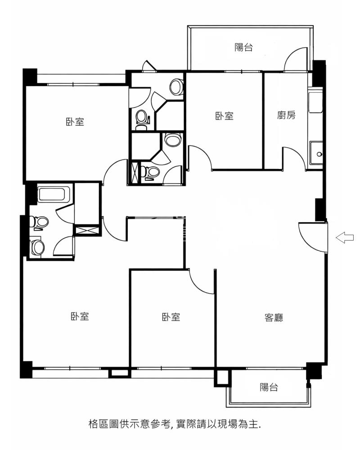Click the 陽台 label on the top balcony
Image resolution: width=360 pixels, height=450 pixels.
pyautogui.click(x=243, y=47)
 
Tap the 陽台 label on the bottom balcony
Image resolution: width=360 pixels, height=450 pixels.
pyautogui.click(x=269, y=387)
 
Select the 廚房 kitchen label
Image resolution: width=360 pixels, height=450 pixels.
pyautogui.click(x=286, y=115)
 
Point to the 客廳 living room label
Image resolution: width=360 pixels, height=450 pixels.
pyautogui.click(x=274, y=318)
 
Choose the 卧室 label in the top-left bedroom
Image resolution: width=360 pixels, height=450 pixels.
pyautogui.click(x=75, y=122)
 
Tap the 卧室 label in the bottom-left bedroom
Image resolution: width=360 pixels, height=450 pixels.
pyautogui.click(x=80, y=317)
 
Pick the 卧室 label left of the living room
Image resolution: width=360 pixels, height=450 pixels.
pyautogui.click(x=171, y=317)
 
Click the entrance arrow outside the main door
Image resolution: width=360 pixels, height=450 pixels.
pyautogui.click(x=345, y=237)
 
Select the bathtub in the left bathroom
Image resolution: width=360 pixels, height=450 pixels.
pyautogui.click(x=53, y=195)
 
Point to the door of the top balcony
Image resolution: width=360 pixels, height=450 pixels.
pyautogui.click(x=296, y=59)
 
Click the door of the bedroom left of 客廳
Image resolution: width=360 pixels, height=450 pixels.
pyautogui.click(x=201, y=282)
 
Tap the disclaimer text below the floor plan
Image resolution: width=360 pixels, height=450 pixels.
pyautogui.click(x=175, y=423)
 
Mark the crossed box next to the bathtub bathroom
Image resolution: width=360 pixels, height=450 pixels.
pyautogui.click(x=87, y=230)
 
